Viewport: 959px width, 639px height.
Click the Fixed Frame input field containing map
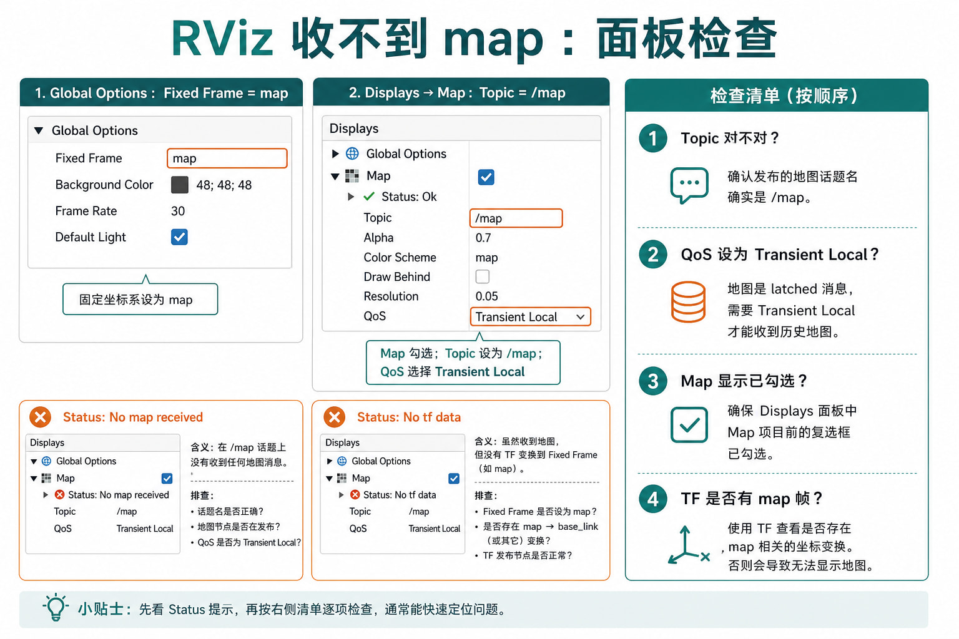227,158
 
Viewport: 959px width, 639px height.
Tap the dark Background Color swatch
179,185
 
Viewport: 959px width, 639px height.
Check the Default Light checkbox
179,237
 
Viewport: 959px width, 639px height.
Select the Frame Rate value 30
178,211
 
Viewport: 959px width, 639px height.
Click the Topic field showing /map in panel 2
516,218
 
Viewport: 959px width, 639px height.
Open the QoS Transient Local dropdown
531,317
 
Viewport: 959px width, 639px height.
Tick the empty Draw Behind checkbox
483,276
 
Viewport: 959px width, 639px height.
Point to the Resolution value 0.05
487,296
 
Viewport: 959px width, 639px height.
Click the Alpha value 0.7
483,238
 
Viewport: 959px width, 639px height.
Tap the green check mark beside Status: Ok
369,197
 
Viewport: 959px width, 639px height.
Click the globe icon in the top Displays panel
352,154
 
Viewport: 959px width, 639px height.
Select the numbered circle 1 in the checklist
653,139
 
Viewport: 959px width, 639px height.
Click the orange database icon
689,301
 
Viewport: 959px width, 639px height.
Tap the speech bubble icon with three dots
689,185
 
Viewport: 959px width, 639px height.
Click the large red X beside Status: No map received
40,417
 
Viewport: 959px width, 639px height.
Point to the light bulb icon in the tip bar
56,607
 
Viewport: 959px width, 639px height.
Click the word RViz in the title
222,39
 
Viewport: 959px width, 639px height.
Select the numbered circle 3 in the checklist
653,381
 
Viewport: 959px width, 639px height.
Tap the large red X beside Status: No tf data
335,417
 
